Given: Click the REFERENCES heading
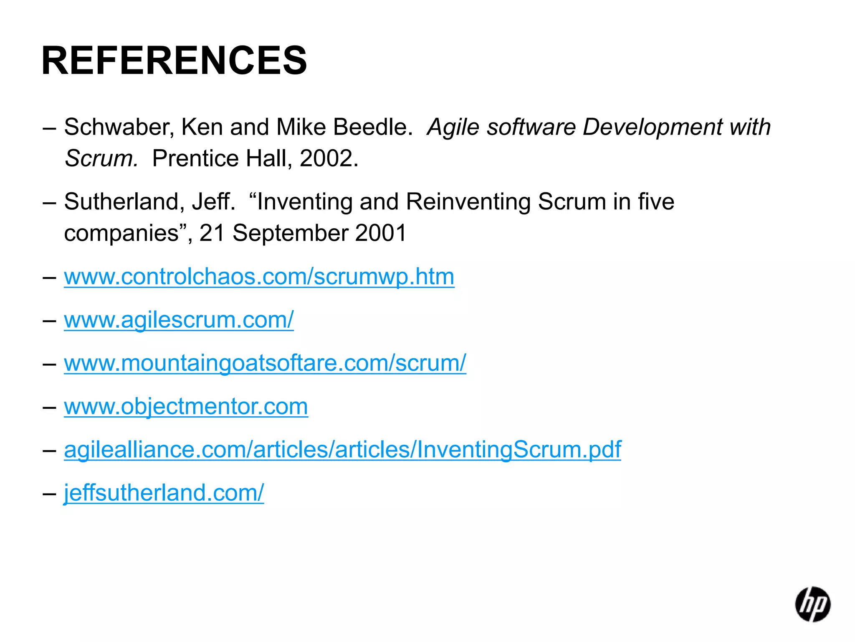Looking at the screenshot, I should coord(174,61).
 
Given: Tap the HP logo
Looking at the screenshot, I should coord(812,604).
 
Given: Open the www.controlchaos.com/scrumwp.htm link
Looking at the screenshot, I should coord(259,277).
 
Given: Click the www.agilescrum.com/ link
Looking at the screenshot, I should coord(179,320).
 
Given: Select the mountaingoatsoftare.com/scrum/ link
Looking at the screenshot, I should coord(265,363).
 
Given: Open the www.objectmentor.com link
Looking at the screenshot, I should coord(186,406).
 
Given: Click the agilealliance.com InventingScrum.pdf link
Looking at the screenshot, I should coord(342,450).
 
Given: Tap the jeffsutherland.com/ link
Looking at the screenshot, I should coord(164,493).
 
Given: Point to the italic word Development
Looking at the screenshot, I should coord(652,127).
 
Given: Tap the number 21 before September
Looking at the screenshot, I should coord(212,233).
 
